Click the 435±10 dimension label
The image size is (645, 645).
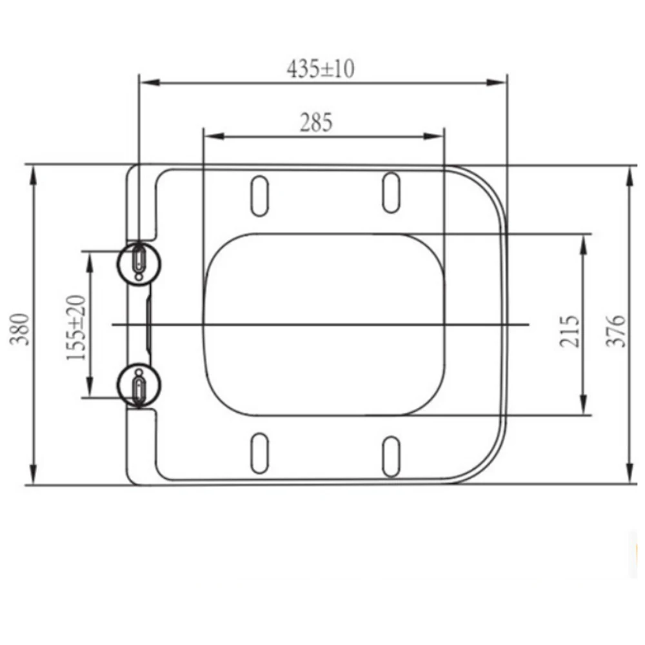[x=321, y=68]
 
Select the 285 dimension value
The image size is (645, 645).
[x=316, y=123]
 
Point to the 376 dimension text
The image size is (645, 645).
[x=618, y=331]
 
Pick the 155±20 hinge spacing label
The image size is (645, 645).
[x=76, y=327]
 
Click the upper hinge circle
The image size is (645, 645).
[x=139, y=263]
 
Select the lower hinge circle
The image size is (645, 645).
[x=139, y=386]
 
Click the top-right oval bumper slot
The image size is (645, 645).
[x=391, y=192]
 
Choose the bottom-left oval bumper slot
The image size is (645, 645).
[x=259, y=453]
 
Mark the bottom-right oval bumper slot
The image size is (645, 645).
[x=391, y=457]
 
